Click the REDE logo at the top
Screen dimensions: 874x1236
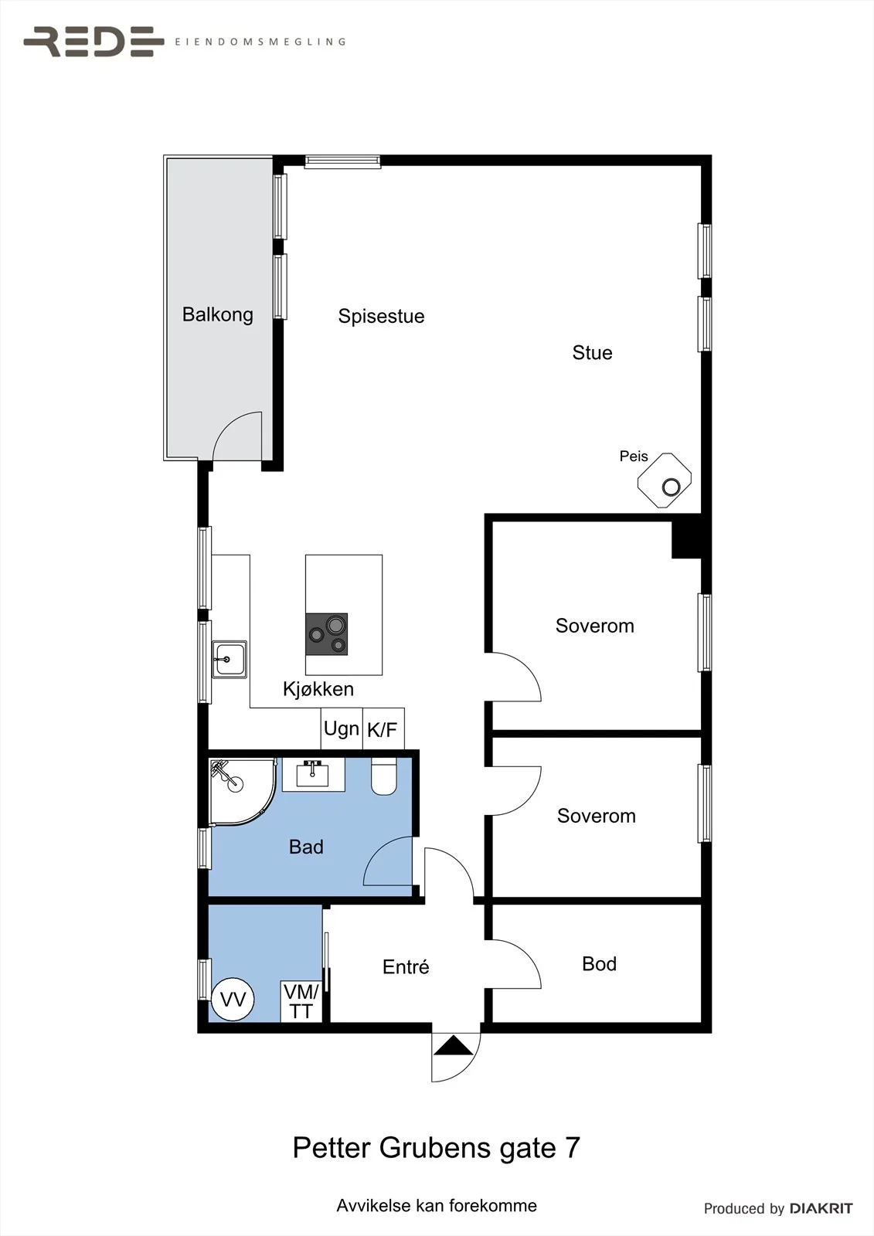pos(94,42)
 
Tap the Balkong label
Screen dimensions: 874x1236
pos(217,314)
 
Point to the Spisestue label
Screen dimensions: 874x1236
pos(381,316)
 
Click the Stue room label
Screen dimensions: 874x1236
pos(592,352)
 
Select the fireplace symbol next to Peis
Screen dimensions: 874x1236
pos(665,480)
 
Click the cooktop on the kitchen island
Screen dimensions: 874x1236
pos(327,634)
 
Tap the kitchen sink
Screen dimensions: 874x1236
pos(230,660)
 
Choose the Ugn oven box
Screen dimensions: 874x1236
pos(342,728)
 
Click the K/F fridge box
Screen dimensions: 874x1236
pos(383,728)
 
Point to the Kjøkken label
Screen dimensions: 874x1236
pos(318,688)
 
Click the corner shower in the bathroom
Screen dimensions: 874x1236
pos(243,792)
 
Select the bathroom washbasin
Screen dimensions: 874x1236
pos(313,774)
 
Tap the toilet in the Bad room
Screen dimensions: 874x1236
pos(384,776)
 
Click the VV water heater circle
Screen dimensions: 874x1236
pos(233,1000)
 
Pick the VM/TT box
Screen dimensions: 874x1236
pos(301,1001)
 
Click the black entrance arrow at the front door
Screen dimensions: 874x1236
pos(454,1046)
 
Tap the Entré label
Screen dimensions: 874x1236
pos(406,966)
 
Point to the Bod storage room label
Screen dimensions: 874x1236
pos(599,964)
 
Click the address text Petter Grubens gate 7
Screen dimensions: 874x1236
pos(436,1148)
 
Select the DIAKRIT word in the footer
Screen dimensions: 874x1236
pos(821,1208)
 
